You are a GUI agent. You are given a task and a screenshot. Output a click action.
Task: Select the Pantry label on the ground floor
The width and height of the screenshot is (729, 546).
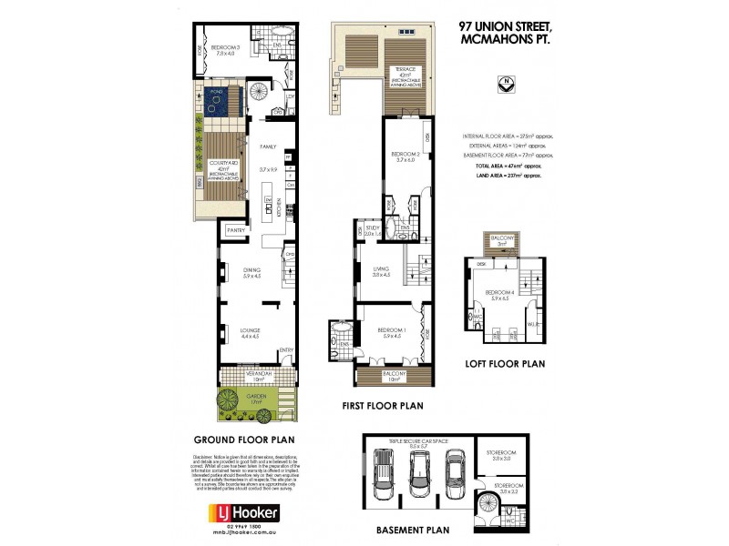click(x=235, y=231)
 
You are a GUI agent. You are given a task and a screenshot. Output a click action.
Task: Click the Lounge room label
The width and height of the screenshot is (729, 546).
click(x=249, y=332)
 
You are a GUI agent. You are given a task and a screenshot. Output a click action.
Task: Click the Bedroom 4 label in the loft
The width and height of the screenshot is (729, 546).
click(x=502, y=294)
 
